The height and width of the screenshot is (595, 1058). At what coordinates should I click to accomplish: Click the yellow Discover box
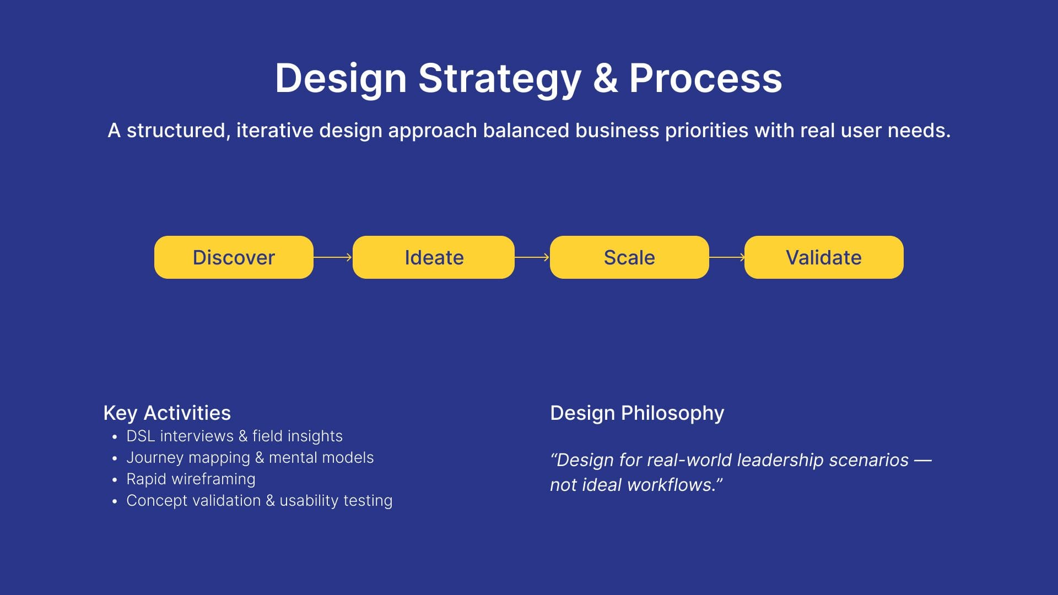[x=234, y=257]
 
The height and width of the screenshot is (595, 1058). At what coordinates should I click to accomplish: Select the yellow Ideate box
[x=434, y=257]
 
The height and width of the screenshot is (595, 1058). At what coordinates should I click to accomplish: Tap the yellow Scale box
[x=629, y=257]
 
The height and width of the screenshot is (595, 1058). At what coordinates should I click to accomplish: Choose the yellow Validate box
[x=824, y=257]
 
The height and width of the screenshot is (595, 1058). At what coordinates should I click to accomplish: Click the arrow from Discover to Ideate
[x=333, y=257]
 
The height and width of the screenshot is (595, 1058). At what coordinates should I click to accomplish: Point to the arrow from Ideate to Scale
[x=532, y=257]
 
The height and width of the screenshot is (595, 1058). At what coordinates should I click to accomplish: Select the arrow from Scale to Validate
[x=727, y=257]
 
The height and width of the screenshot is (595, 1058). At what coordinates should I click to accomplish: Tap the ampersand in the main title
[x=605, y=78]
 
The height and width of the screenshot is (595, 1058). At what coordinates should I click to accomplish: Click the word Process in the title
[x=705, y=78]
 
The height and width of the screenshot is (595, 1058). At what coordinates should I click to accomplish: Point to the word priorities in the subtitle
[x=707, y=131]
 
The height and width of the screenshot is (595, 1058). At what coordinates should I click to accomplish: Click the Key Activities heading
[x=167, y=413]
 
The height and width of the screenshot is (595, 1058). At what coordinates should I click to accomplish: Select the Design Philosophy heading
[x=637, y=413]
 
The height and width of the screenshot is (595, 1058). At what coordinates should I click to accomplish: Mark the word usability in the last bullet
[x=309, y=501]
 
